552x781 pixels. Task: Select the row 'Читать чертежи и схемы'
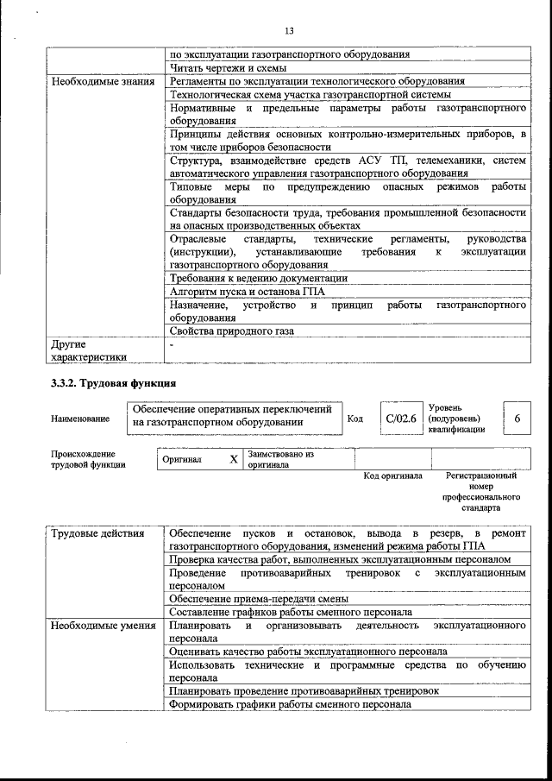(x=228, y=67)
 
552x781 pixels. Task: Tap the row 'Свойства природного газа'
(x=232, y=331)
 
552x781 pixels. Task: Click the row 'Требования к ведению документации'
(x=259, y=278)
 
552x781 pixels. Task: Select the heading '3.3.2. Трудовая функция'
(x=114, y=383)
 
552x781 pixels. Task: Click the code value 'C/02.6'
(x=401, y=419)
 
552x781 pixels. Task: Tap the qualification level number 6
(x=517, y=419)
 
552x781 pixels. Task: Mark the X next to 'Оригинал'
(x=233, y=460)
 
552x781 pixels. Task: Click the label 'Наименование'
(x=80, y=419)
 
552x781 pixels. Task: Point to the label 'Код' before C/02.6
(x=354, y=419)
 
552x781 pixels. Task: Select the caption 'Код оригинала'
(x=392, y=476)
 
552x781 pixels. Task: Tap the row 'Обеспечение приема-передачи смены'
(x=259, y=598)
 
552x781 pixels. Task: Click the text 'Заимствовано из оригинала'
(x=280, y=459)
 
